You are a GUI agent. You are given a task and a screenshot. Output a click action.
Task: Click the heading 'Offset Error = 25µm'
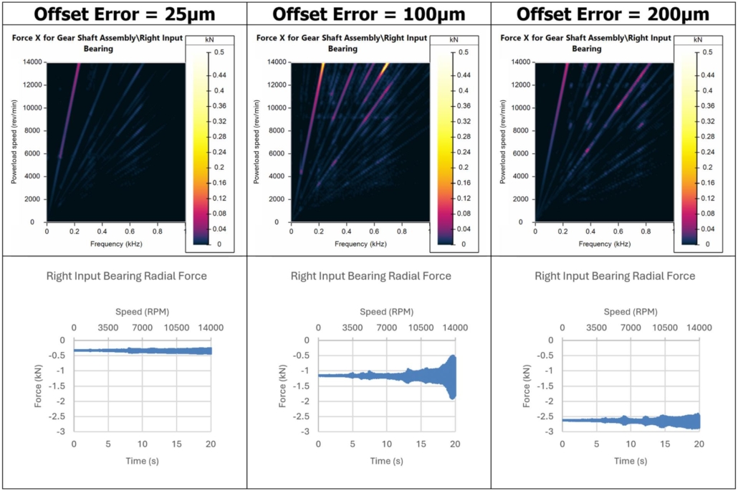tap(123, 14)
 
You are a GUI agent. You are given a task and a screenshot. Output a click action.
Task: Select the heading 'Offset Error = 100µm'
tap(369, 14)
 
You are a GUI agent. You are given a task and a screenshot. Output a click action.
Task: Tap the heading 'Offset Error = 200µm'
tap(614, 14)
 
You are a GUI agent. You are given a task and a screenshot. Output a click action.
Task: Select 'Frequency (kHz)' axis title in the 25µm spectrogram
tap(115, 244)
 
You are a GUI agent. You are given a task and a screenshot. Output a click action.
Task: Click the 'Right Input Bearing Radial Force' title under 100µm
tap(370, 276)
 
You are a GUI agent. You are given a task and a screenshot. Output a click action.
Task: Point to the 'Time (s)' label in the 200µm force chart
tap(631, 460)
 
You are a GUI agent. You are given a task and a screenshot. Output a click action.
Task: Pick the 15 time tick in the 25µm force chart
tap(177, 445)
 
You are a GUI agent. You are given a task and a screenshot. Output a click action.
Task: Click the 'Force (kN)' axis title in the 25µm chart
tap(40, 386)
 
